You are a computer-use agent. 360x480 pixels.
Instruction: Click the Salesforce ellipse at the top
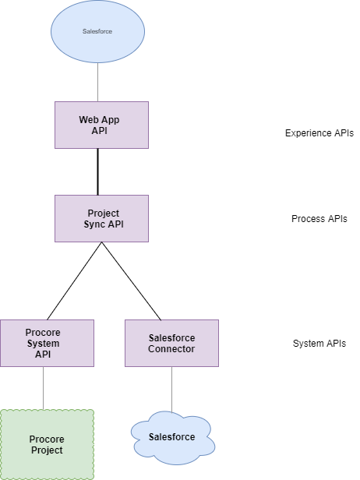97,31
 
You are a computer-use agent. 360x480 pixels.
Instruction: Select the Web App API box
101,125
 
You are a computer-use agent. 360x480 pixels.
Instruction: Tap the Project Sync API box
101,218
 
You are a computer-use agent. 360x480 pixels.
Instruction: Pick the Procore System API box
47,343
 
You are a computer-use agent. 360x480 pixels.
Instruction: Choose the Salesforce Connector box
171,343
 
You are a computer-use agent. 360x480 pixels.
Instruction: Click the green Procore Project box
47,444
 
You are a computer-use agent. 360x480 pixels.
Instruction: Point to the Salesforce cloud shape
173,438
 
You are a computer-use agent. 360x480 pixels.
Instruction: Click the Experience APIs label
319,133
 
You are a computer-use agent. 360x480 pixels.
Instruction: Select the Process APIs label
319,219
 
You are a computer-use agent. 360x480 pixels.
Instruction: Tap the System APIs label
319,344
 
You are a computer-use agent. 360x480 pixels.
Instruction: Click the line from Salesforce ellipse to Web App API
97,83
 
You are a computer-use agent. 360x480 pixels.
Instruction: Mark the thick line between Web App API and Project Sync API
97,172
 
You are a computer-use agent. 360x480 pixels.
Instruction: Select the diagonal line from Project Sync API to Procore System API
74,281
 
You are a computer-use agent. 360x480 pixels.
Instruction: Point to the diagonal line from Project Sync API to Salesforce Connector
132,281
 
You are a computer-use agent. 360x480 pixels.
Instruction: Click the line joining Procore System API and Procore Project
43,388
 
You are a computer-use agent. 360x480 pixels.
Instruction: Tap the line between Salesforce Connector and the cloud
171,390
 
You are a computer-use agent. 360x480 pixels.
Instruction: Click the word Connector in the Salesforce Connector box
171,348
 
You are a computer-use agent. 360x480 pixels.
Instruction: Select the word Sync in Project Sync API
91,224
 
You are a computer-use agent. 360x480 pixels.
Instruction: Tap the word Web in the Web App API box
87,120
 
